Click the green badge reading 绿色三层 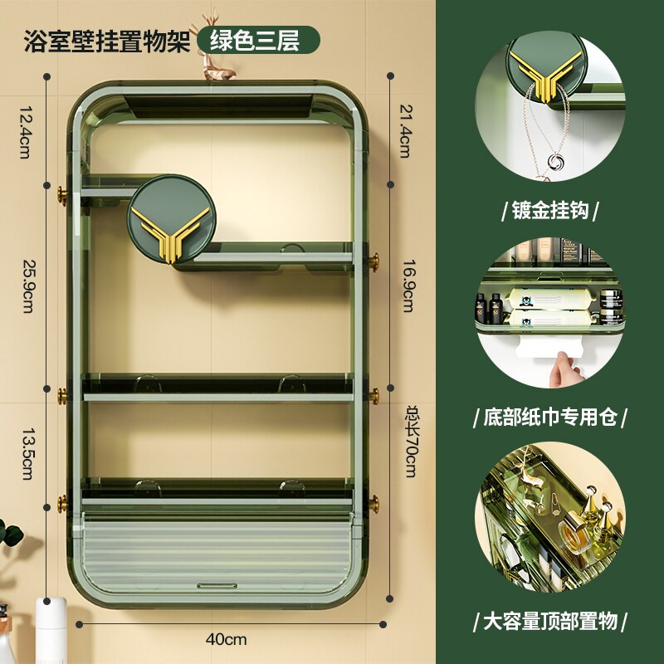258,40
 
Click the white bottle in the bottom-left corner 50,631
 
